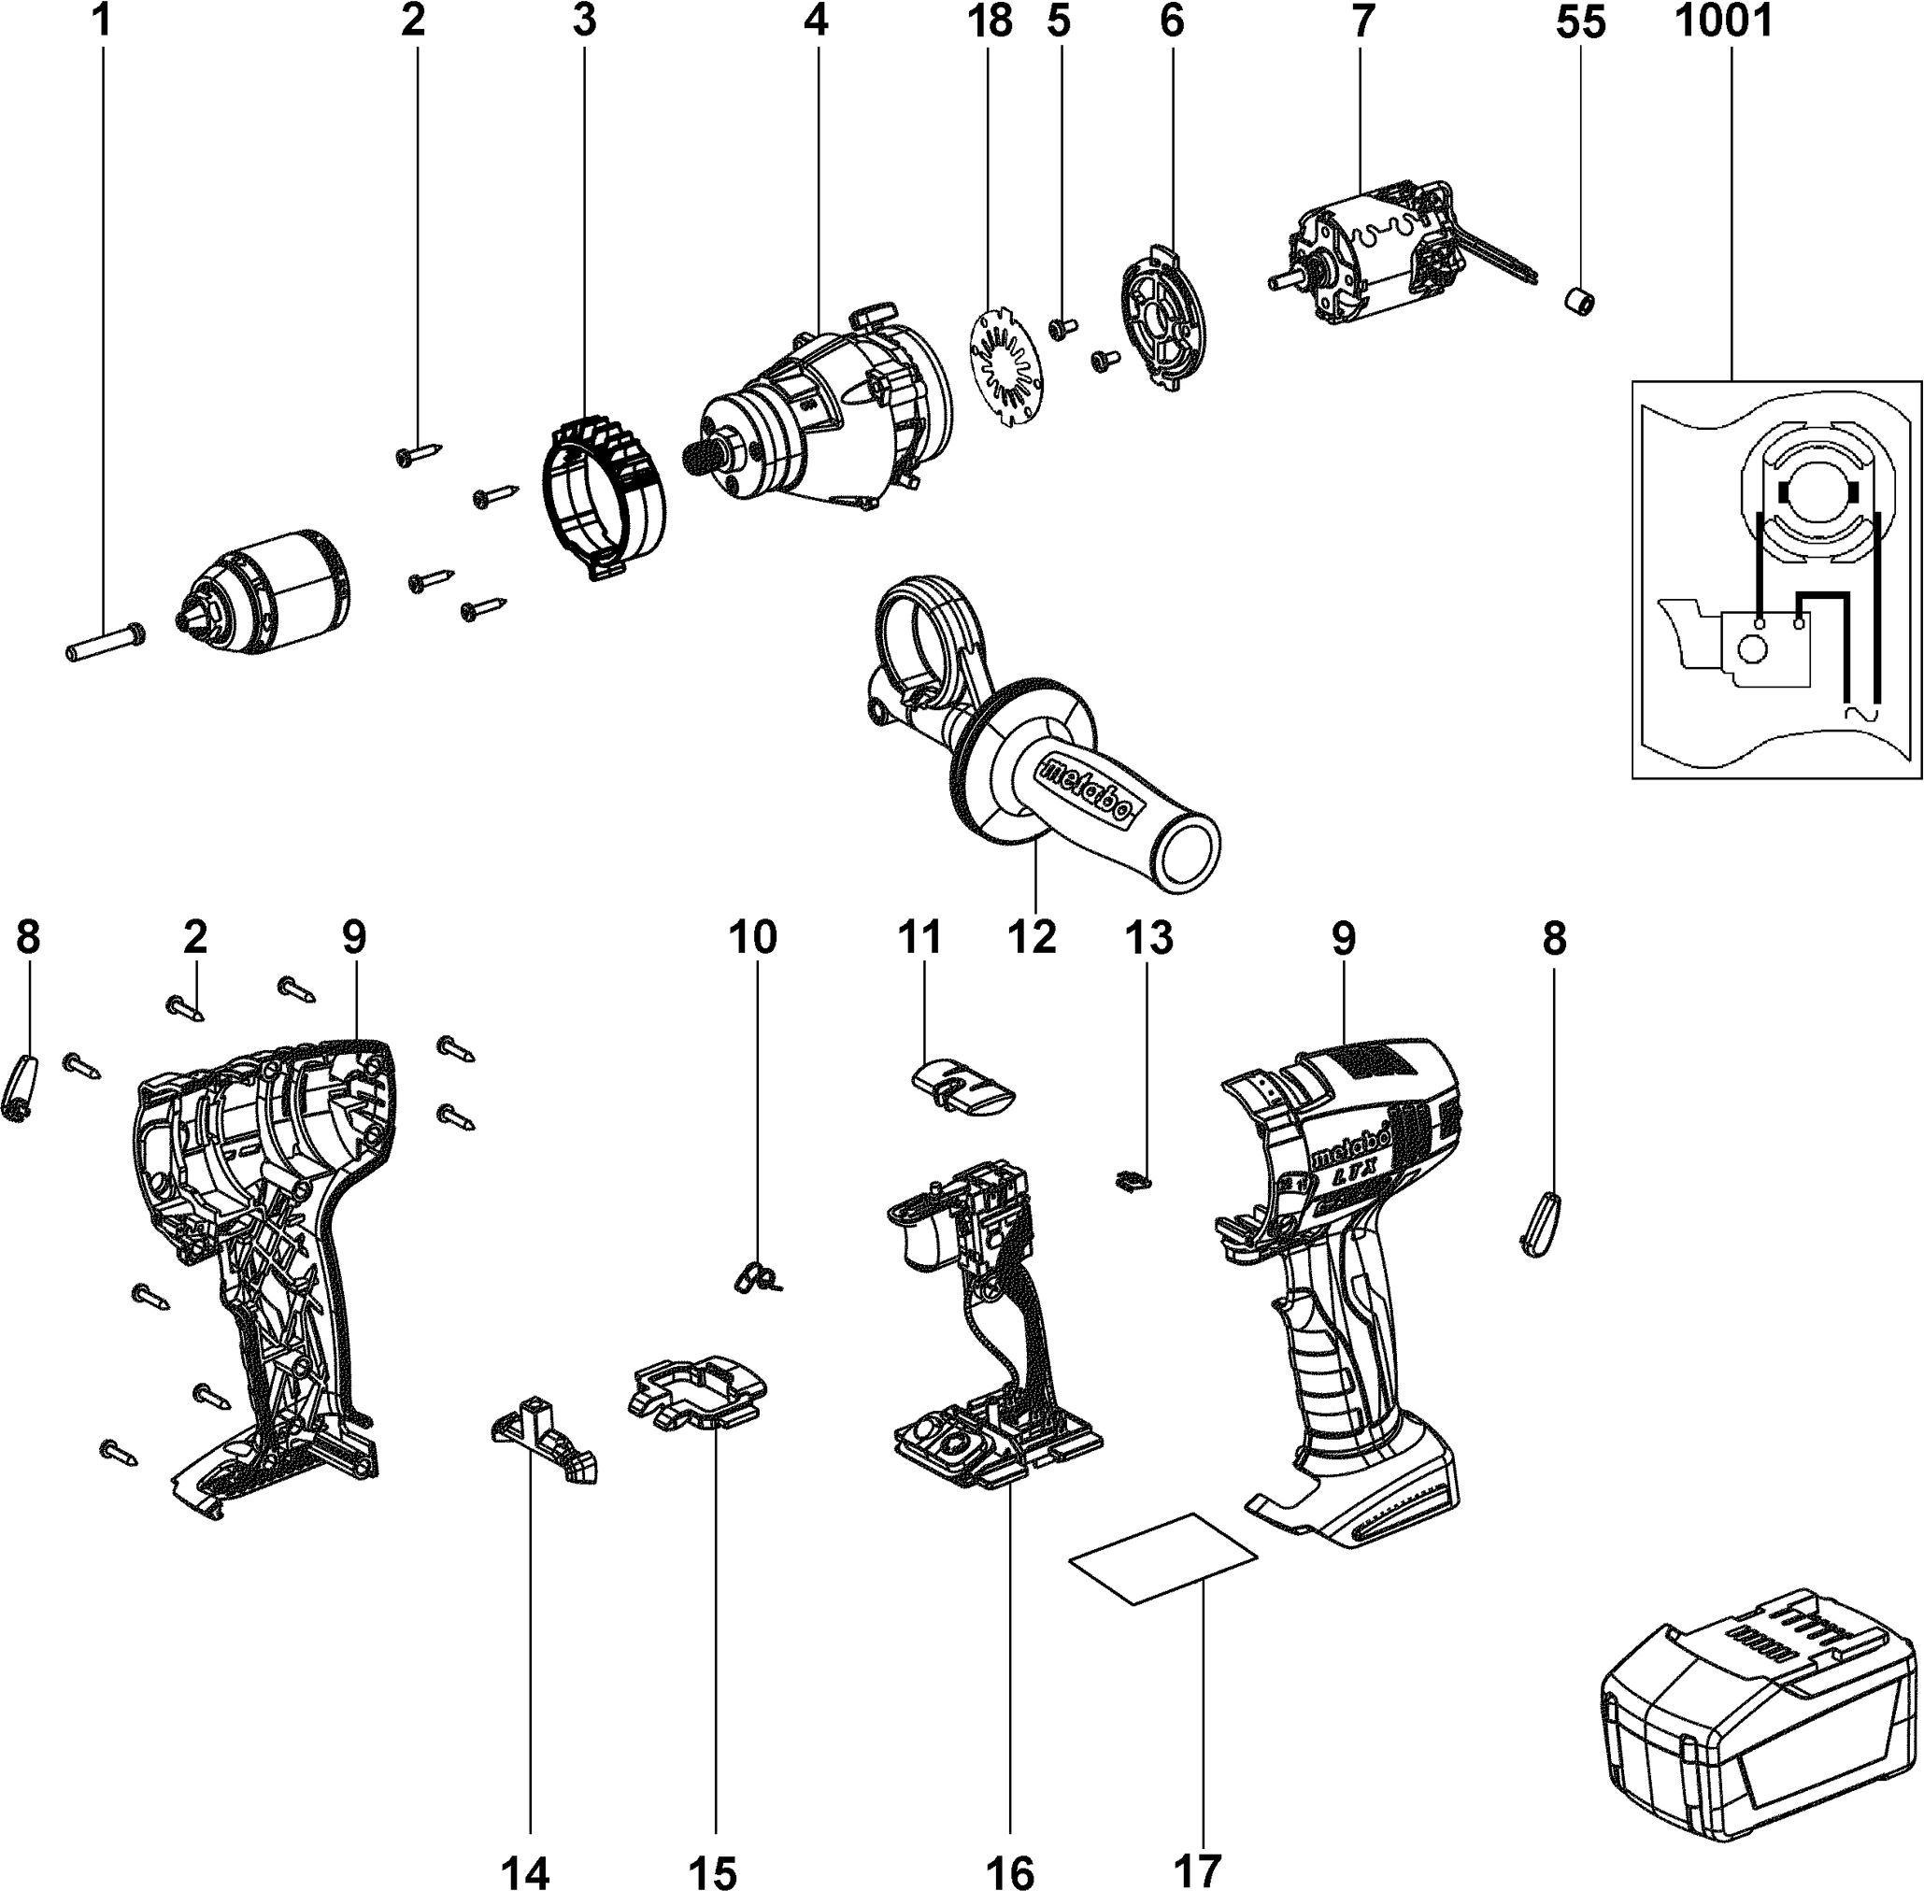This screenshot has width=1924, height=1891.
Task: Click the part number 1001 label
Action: [1723, 21]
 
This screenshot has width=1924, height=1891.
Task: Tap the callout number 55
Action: [1580, 21]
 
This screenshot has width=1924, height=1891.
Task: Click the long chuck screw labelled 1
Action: [106, 643]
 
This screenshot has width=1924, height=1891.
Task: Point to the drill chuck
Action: [265, 590]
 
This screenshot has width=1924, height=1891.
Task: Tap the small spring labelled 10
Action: [757, 1278]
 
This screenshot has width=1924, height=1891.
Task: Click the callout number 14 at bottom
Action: [524, 1871]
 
